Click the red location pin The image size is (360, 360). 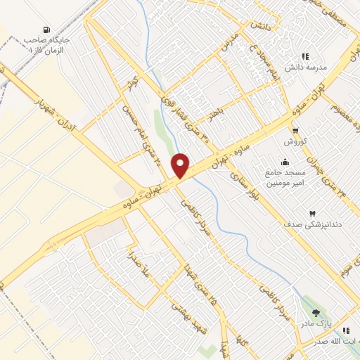click(x=181, y=165)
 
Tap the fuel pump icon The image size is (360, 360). click(x=46, y=30)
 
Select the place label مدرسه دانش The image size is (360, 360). click(x=303, y=67)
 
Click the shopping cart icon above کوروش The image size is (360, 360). click(x=296, y=130)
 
